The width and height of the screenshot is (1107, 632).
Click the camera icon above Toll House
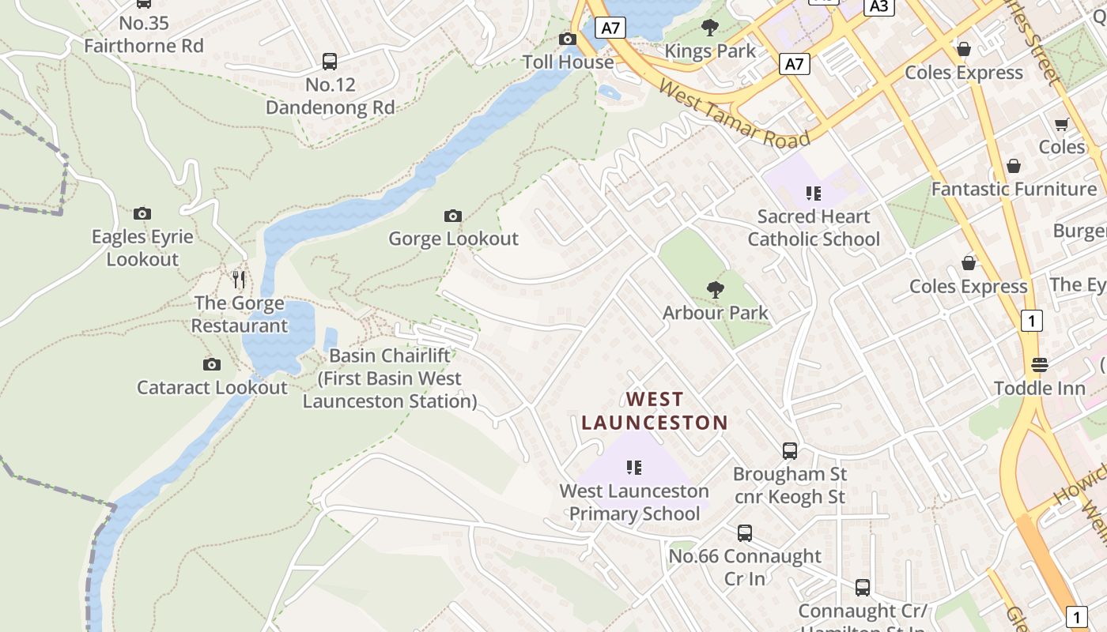click(x=567, y=39)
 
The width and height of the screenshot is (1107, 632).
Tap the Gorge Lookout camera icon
click(x=453, y=216)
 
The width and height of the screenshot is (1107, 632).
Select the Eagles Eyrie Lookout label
click(x=142, y=247)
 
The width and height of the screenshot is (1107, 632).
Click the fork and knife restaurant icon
click(x=239, y=279)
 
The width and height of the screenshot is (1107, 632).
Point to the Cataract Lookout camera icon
click(x=211, y=364)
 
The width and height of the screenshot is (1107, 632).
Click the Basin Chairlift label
click(x=390, y=378)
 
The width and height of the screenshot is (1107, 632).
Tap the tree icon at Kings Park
click(x=710, y=28)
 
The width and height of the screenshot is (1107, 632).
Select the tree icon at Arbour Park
click(x=716, y=290)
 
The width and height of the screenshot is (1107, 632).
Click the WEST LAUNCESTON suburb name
click(x=655, y=411)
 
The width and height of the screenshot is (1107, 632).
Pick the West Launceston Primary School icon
click(x=633, y=468)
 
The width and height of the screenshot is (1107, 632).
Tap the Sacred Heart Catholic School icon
click(x=813, y=193)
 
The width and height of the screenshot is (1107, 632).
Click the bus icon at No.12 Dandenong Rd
click(x=330, y=61)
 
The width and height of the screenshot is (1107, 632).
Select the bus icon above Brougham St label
click(x=789, y=451)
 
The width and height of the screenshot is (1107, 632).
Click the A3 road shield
click(x=878, y=6)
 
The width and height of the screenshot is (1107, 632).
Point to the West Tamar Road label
click(x=735, y=115)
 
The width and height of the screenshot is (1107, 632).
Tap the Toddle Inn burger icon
click(x=1039, y=364)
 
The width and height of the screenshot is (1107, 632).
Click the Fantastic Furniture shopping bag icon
click(x=1013, y=166)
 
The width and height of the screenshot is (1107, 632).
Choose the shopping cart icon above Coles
click(x=1061, y=124)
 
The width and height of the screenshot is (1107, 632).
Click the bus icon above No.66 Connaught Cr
click(x=745, y=533)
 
